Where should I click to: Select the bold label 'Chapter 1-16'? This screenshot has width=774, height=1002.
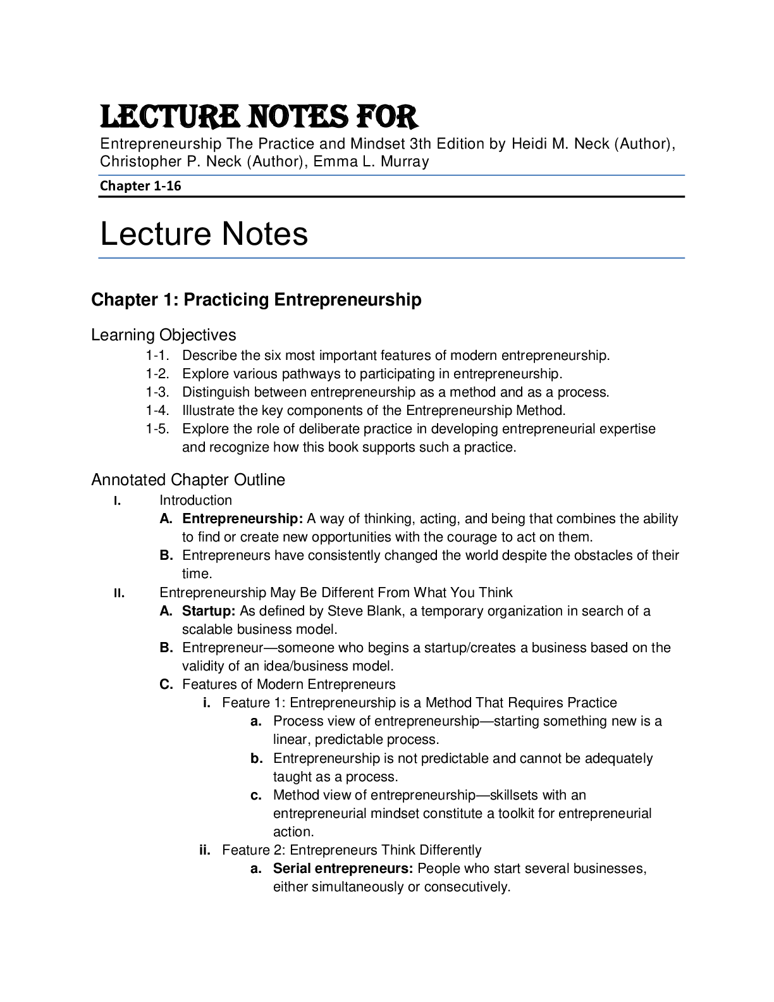pyautogui.click(x=140, y=186)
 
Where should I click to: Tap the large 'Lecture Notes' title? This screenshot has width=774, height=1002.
pyautogui.click(x=204, y=234)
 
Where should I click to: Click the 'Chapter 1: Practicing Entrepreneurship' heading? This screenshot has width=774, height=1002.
pyautogui.click(x=256, y=300)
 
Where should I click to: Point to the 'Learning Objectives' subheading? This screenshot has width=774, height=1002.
pyautogui.click(x=164, y=335)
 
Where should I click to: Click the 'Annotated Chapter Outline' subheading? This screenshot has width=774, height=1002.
pyautogui.click(x=188, y=479)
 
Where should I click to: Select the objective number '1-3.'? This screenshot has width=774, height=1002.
pyautogui.click(x=157, y=392)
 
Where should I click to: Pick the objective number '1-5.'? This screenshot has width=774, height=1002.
pyautogui.click(x=157, y=430)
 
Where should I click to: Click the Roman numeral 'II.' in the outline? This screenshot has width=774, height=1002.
pyautogui.click(x=119, y=593)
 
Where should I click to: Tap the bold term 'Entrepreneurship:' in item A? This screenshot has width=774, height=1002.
pyautogui.click(x=242, y=519)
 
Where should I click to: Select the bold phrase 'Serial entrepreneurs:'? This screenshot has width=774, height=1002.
pyautogui.click(x=343, y=869)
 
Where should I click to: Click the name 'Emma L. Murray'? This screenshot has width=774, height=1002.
pyautogui.click(x=371, y=162)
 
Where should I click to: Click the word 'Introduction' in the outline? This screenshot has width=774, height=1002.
pyautogui.click(x=195, y=501)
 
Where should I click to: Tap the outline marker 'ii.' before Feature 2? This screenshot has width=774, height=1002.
pyautogui.click(x=205, y=850)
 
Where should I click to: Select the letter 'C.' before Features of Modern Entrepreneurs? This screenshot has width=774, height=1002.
pyautogui.click(x=166, y=684)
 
